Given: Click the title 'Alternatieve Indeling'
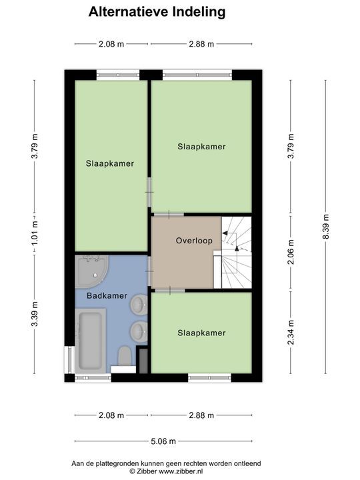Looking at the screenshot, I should (157, 12).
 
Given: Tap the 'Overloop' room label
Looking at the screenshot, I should (194, 240).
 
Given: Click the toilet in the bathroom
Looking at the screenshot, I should (123, 357).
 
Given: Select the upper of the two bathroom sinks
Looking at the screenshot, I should (139, 306).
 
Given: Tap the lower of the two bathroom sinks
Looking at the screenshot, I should (139, 330).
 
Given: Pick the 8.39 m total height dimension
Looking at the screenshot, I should (325, 228).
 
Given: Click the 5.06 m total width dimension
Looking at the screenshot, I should (163, 441).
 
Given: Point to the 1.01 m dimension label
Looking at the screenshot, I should (35, 228).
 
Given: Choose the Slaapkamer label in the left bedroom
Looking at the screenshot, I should (109, 163).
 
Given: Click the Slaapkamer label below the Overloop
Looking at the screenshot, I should (201, 333).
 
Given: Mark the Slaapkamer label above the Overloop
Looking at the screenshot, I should (201, 147).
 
